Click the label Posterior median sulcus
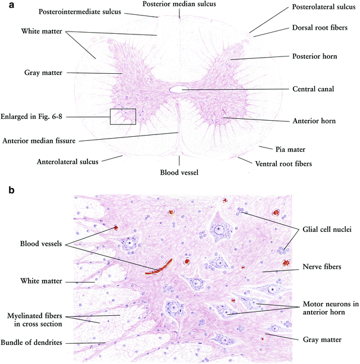click(x=179, y=4)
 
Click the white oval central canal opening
click(x=178, y=89)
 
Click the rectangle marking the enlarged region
click(x=123, y=116)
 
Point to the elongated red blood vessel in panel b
click(x=160, y=266)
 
